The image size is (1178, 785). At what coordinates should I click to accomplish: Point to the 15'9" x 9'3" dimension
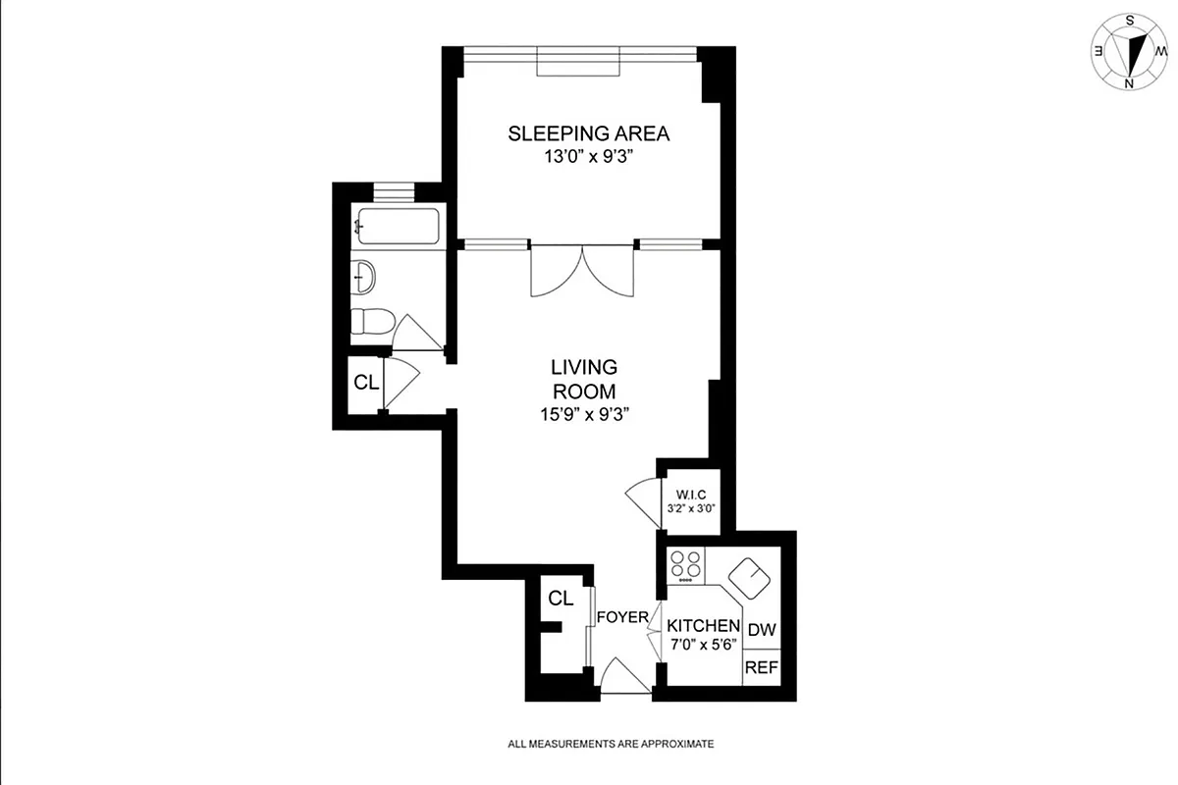tap(583, 413)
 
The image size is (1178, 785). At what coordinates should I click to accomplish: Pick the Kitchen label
tap(703, 625)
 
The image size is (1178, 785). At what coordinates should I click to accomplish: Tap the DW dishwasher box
tap(761, 630)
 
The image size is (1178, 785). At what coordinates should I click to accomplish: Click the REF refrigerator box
tap(761, 667)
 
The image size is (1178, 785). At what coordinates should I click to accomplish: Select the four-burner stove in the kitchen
tap(685, 564)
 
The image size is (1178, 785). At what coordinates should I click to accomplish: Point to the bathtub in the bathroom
tap(398, 228)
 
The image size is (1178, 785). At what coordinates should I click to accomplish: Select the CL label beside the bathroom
tap(366, 384)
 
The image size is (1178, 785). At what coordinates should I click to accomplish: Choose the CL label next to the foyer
tap(561, 599)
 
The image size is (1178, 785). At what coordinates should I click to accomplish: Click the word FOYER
tap(622, 617)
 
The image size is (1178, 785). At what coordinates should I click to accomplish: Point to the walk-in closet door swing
tap(641, 499)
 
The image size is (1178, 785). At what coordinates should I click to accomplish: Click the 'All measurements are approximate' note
tap(610, 744)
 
